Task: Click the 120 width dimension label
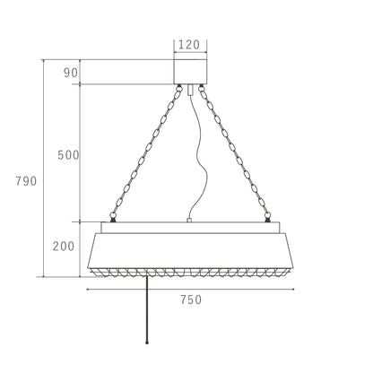pyautogui.click(x=188, y=45)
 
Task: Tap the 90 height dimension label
pyautogui.click(x=71, y=73)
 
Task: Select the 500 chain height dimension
pyautogui.click(x=68, y=155)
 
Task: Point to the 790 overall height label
pyautogui.click(x=26, y=181)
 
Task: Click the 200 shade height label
pyautogui.click(x=64, y=246)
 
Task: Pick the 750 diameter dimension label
pyautogui.click(x=191, y=299)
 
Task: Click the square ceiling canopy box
pyautogui.click(x=190, y=72)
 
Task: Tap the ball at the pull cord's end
pyautogui.click(x=147, y=343)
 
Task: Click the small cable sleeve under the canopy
pyautogui.click(x=190, y=90)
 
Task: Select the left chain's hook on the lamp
pyautogui.click(x=113, y=217)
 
